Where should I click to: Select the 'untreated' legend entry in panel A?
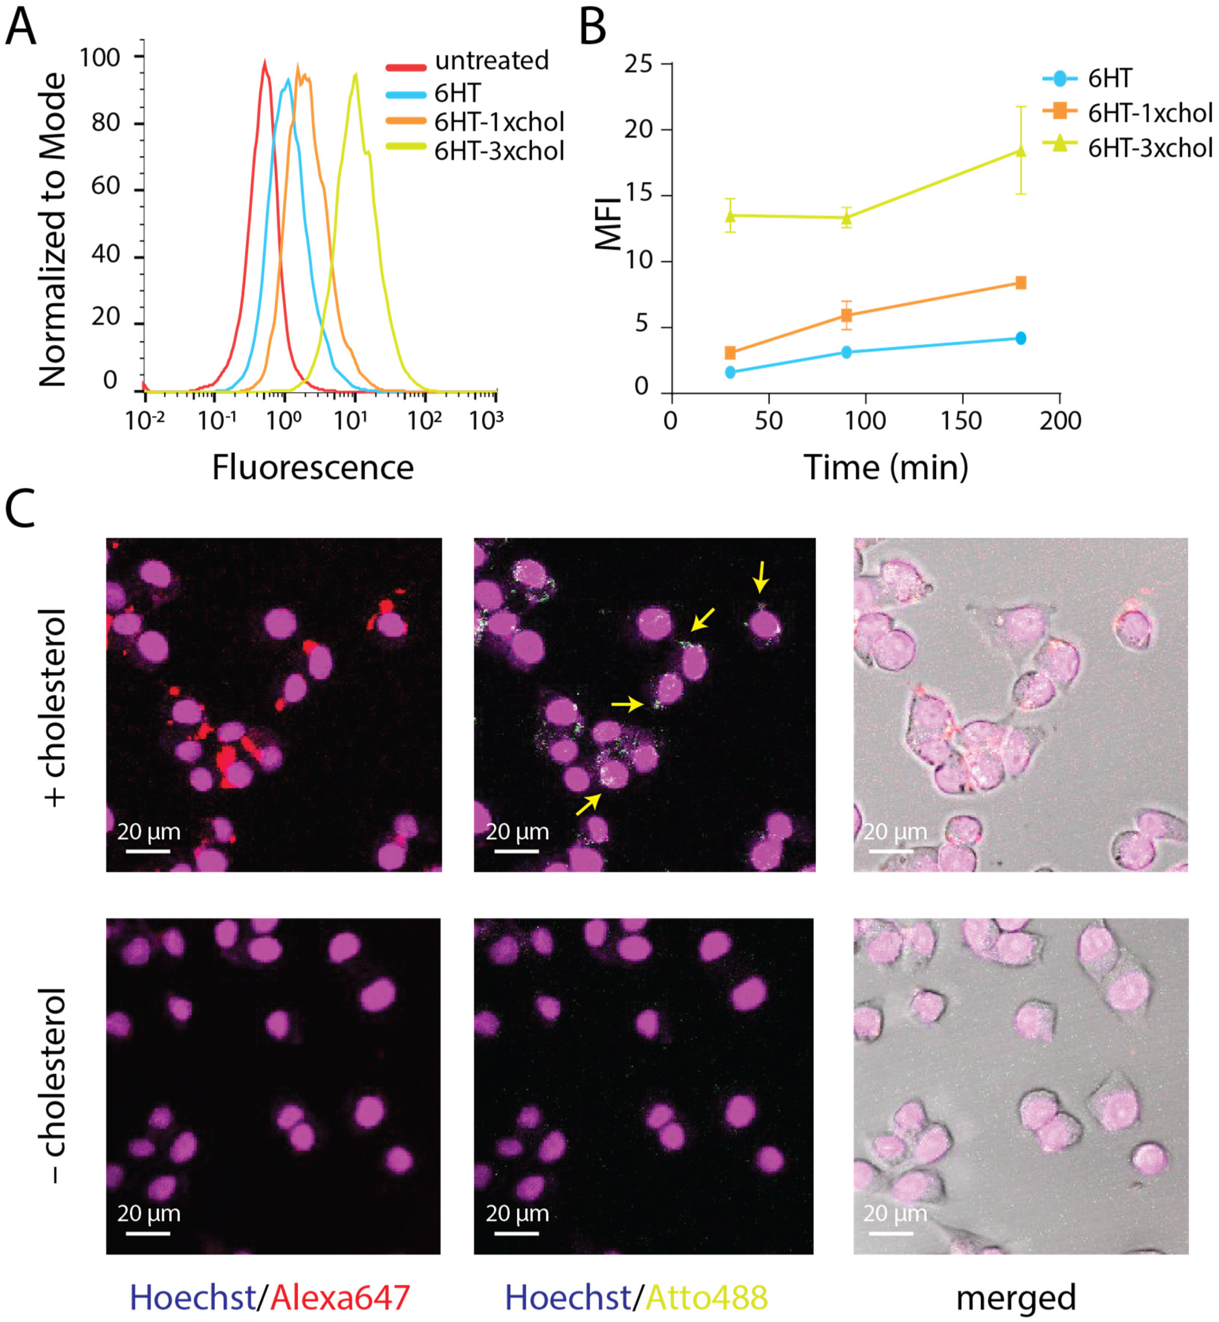(491, 61)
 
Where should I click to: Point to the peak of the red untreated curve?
(265, 63)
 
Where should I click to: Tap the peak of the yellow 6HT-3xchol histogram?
(355, 75)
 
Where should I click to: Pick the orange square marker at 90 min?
(846, 315)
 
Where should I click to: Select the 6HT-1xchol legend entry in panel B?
(1149, 113)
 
